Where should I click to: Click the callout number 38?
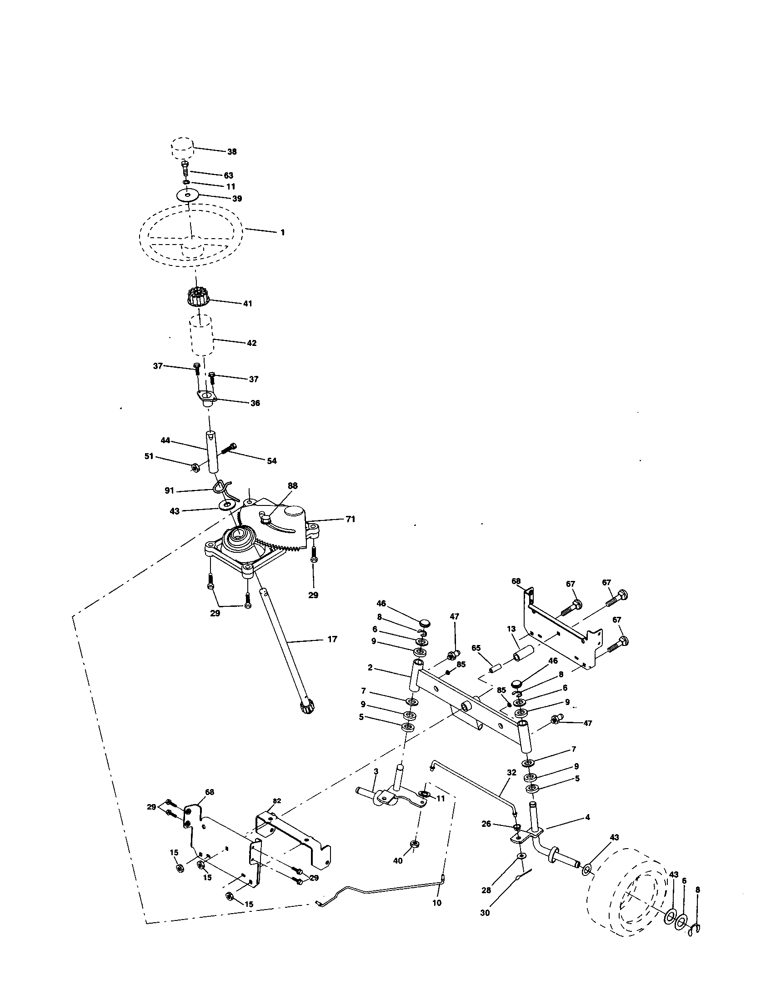(x=232, y=151)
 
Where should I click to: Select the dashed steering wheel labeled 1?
(x=192, y=235)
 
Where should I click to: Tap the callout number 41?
(x=247, y=304)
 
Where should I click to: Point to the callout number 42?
(x=251, y=343)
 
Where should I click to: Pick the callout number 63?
(x=228, y=175)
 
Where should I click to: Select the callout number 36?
(x=255, y=403)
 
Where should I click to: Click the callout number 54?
(x=271, y=461)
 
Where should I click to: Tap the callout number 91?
(x=169, y=490)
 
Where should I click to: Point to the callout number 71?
(x=350, y=519)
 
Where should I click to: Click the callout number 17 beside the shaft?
(x=332, y=639)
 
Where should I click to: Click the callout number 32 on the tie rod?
(x=511, y=772)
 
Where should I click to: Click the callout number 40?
(x=398, y=861)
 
